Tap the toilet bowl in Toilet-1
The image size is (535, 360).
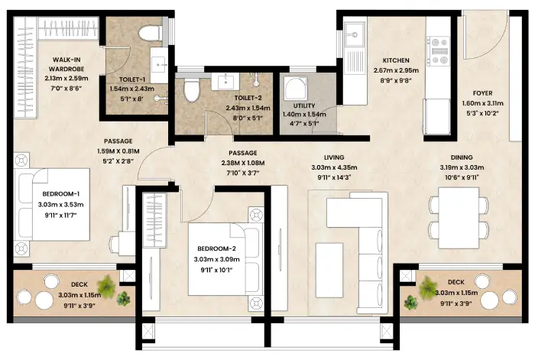tap(151, 31)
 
